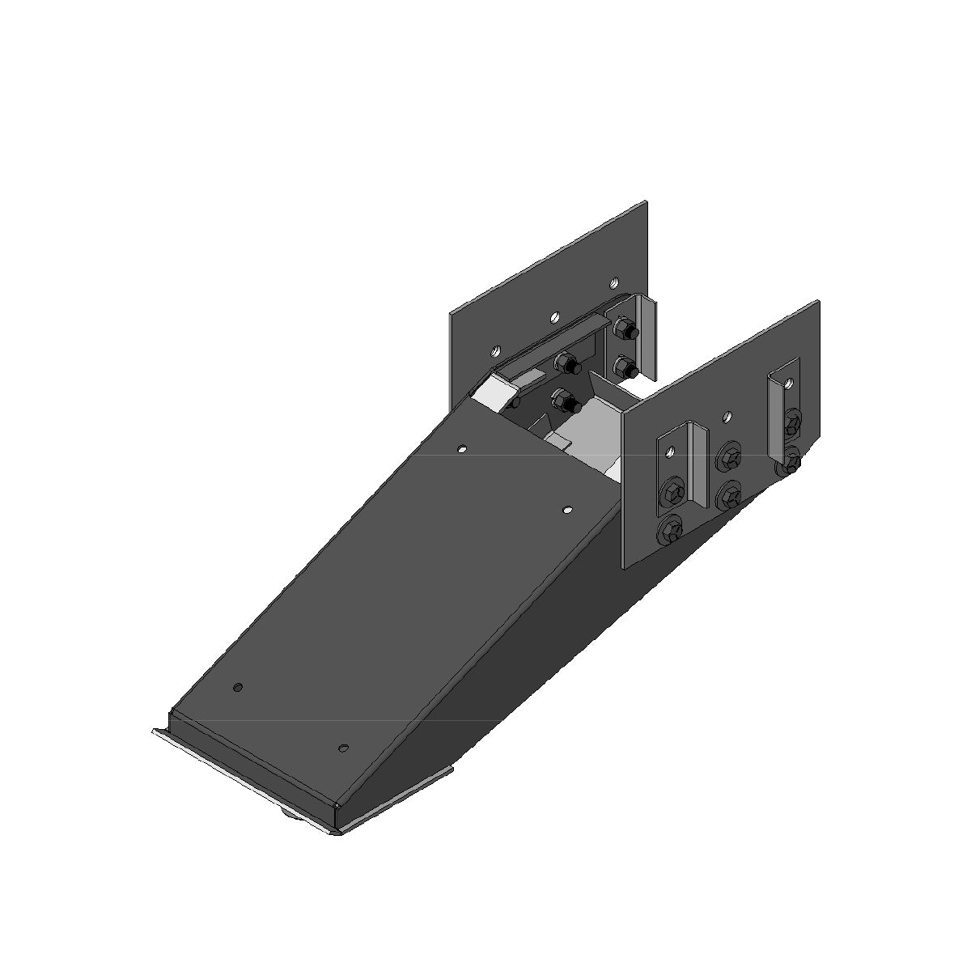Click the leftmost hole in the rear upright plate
(495, 352)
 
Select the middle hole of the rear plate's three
(553, 318)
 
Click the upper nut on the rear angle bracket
(625, 329)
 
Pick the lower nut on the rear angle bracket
(625, 366)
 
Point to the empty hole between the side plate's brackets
(727, 417)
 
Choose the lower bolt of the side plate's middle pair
(729, 495)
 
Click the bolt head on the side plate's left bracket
(672, 492)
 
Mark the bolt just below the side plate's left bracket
(672, 530)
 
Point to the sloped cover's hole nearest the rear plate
(463, 447)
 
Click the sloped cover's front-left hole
(237, 688)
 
